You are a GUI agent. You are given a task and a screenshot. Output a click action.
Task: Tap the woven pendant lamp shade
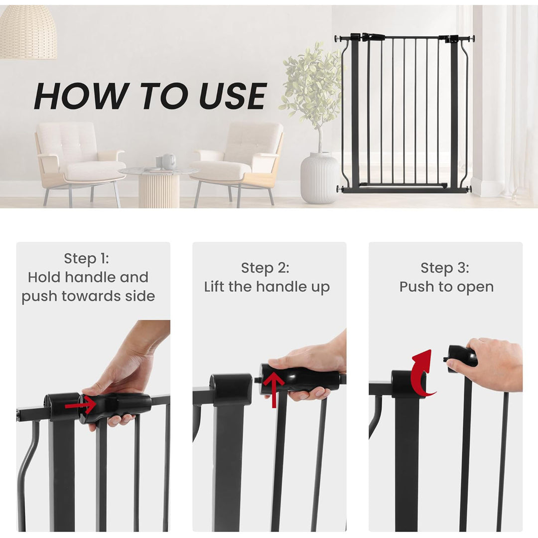pyautogui.click(x=28, y=32)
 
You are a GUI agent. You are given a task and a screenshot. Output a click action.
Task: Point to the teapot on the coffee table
pyautogui.click(x=169, y=161)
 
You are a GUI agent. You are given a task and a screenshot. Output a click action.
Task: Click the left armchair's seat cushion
pyautogui.click(x=95, y=171)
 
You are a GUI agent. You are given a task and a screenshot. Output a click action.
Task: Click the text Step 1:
pyautogui.click(x=86, y=259)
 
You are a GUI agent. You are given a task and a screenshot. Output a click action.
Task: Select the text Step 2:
pyautogui.click(x=265, y=268)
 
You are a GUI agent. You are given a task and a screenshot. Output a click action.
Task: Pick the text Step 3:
pyautogui.click(x=444, y=268)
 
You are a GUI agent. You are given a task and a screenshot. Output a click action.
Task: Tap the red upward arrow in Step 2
pyautogui.click(x=273, y=389)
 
